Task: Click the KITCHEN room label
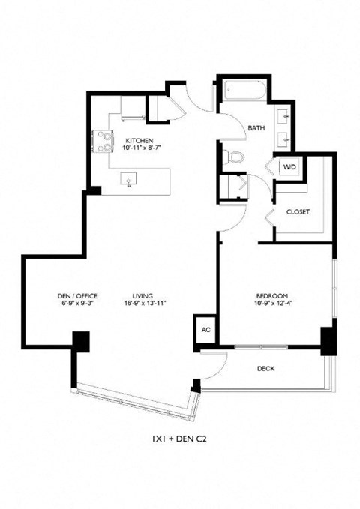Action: [139, 140]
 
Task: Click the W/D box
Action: [289, 167]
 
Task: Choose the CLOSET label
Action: [298, 211]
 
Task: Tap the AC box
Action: [205, 328]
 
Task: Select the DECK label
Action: [265, 368]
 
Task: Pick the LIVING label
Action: [139, 295]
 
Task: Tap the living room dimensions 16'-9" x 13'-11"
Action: [139, 304]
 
